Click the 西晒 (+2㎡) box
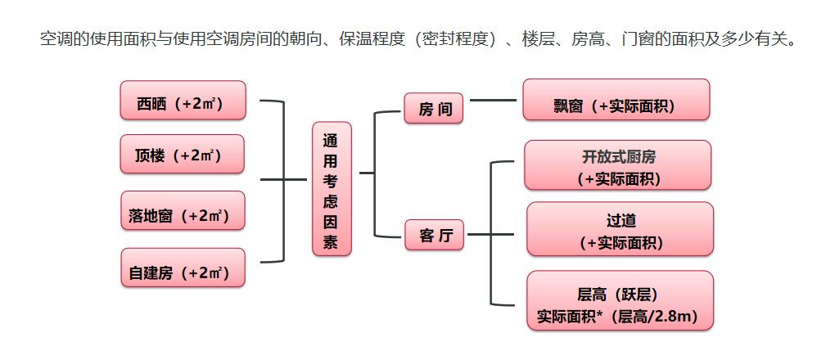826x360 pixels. (183, 101)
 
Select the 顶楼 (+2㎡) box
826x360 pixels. (183, 154)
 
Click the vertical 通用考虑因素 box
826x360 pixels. (332, 189)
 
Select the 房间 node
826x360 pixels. (434, 109)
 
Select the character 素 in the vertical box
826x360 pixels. (332, 242)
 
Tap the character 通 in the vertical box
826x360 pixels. (332, 138)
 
